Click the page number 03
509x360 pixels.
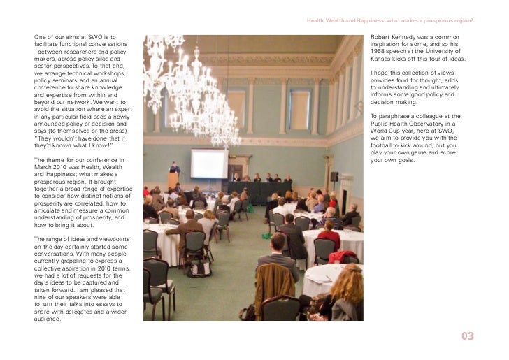coord(468,337)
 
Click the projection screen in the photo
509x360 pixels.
coord(209,163)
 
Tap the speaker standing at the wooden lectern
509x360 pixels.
coord(175,169)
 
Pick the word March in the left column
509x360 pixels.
coord(44,168)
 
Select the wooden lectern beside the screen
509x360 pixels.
coord(173,181)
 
